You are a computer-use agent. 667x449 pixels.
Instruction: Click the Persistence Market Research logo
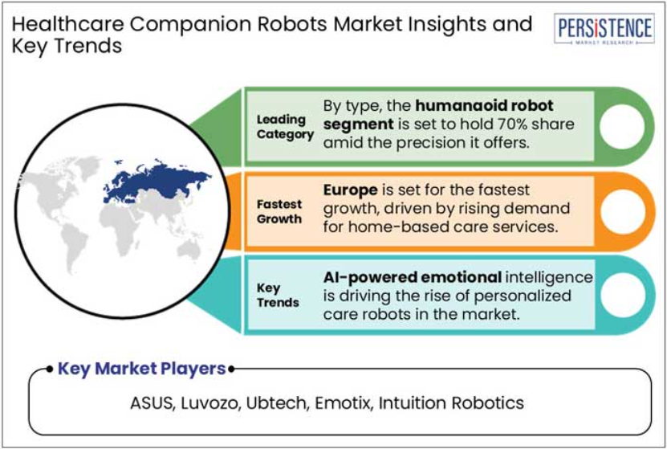[x=604, y=29]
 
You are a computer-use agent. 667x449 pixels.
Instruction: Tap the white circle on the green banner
[x=622, y=126]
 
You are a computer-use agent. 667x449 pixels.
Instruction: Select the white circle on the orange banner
[x=623, y=211]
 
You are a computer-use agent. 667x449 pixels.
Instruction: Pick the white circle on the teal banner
[x=623, y=295]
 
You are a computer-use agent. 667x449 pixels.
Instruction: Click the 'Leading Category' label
[x=285, y=127]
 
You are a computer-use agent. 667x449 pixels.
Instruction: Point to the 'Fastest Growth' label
[x=279, y=211]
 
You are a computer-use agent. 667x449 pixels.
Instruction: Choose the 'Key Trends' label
[x=278, y=295]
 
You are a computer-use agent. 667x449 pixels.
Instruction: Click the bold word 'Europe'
[x=350, y=190]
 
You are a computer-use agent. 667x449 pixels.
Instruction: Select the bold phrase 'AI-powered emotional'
[x=413, y=277]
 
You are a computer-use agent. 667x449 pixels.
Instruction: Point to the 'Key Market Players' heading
[x=141, y=369]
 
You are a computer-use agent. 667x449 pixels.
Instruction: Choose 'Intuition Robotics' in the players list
[x=451, y=403]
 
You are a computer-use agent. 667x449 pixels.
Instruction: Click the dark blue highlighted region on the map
[x=157, y=181]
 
